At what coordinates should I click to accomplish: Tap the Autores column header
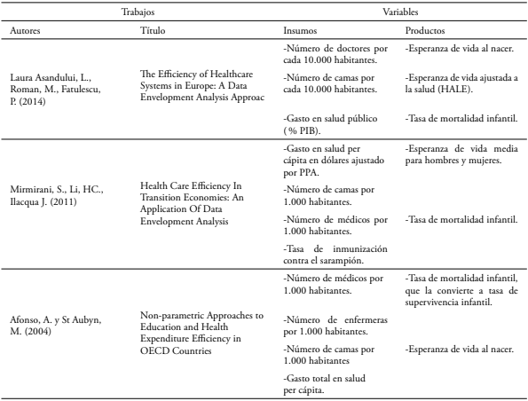[27, 31]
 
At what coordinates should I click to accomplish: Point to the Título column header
[153, 31]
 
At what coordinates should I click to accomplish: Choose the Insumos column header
[299, 31]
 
